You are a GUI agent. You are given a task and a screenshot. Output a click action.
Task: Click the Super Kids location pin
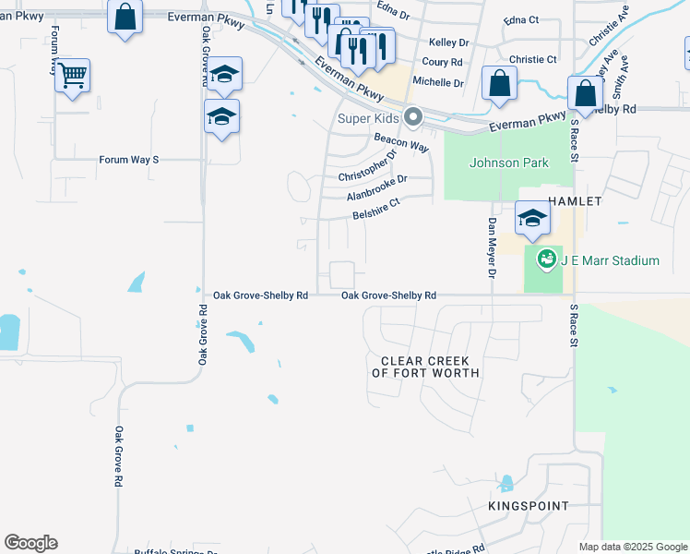tap(413, 117)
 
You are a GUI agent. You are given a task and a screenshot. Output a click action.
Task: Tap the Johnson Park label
tap(509, 163)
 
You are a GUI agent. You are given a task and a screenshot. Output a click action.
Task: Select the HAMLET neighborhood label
tap(575, 200)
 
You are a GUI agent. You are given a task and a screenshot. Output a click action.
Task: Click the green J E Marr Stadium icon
tap(546, 259)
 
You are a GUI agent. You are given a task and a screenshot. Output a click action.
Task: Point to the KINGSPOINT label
tap(529, 506)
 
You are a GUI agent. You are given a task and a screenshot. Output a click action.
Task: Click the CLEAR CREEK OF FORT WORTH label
tap(425, 367)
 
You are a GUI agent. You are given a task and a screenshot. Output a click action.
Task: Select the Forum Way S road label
tap(129, 160)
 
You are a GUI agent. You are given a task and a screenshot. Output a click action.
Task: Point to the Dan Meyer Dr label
tap(492, 247)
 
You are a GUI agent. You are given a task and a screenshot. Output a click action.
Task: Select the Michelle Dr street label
tap(437, 82)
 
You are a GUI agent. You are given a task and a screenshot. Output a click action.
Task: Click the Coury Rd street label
tap(442, 62)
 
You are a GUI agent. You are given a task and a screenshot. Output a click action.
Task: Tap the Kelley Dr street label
tap(448, 42)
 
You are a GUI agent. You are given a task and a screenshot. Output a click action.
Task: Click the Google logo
tap(30, 543)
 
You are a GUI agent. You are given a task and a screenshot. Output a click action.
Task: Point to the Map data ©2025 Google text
tap(633, 547)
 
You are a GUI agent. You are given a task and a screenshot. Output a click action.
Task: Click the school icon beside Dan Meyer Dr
tap(531, 218)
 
